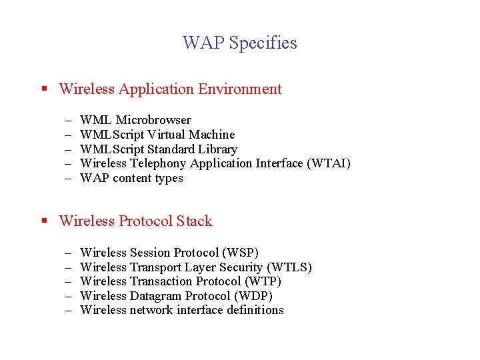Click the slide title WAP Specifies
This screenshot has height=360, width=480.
(240, 43)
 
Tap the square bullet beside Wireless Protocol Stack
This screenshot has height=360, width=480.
(43, 221)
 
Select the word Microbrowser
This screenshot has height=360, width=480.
(153, 120)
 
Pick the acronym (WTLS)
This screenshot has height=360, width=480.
(289, 267)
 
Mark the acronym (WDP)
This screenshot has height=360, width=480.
(253, 296)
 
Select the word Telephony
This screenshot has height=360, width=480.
(158, 163)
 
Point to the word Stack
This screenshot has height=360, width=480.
(194, 221)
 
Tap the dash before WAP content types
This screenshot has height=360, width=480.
(68, 178)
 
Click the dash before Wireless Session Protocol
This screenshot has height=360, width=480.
(68, 253)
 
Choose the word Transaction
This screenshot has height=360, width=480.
(161, 281)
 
